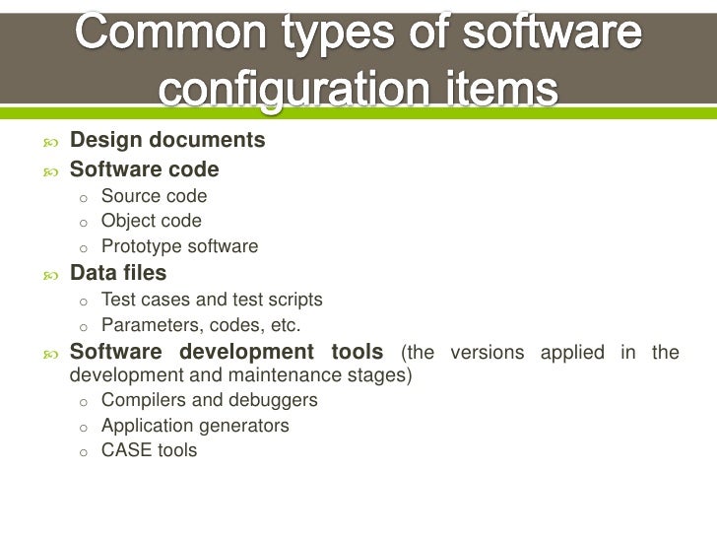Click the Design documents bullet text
[166, 141]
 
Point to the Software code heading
[144, 169]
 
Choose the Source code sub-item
[154, 196]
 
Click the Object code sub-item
[151, 221]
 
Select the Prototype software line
[179, 246]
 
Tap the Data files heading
[117, 273]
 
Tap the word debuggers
[277, 400]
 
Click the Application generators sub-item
[195, 426]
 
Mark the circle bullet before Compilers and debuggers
[85, 402]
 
